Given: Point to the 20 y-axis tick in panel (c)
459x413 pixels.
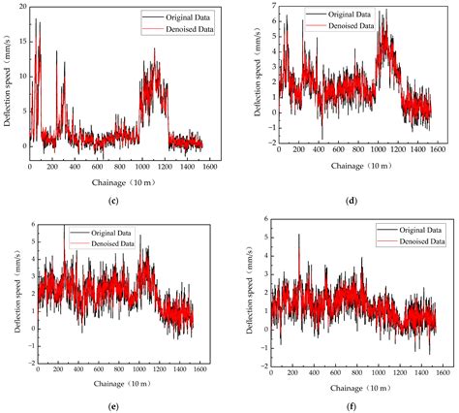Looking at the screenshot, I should (x=20, y=8).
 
